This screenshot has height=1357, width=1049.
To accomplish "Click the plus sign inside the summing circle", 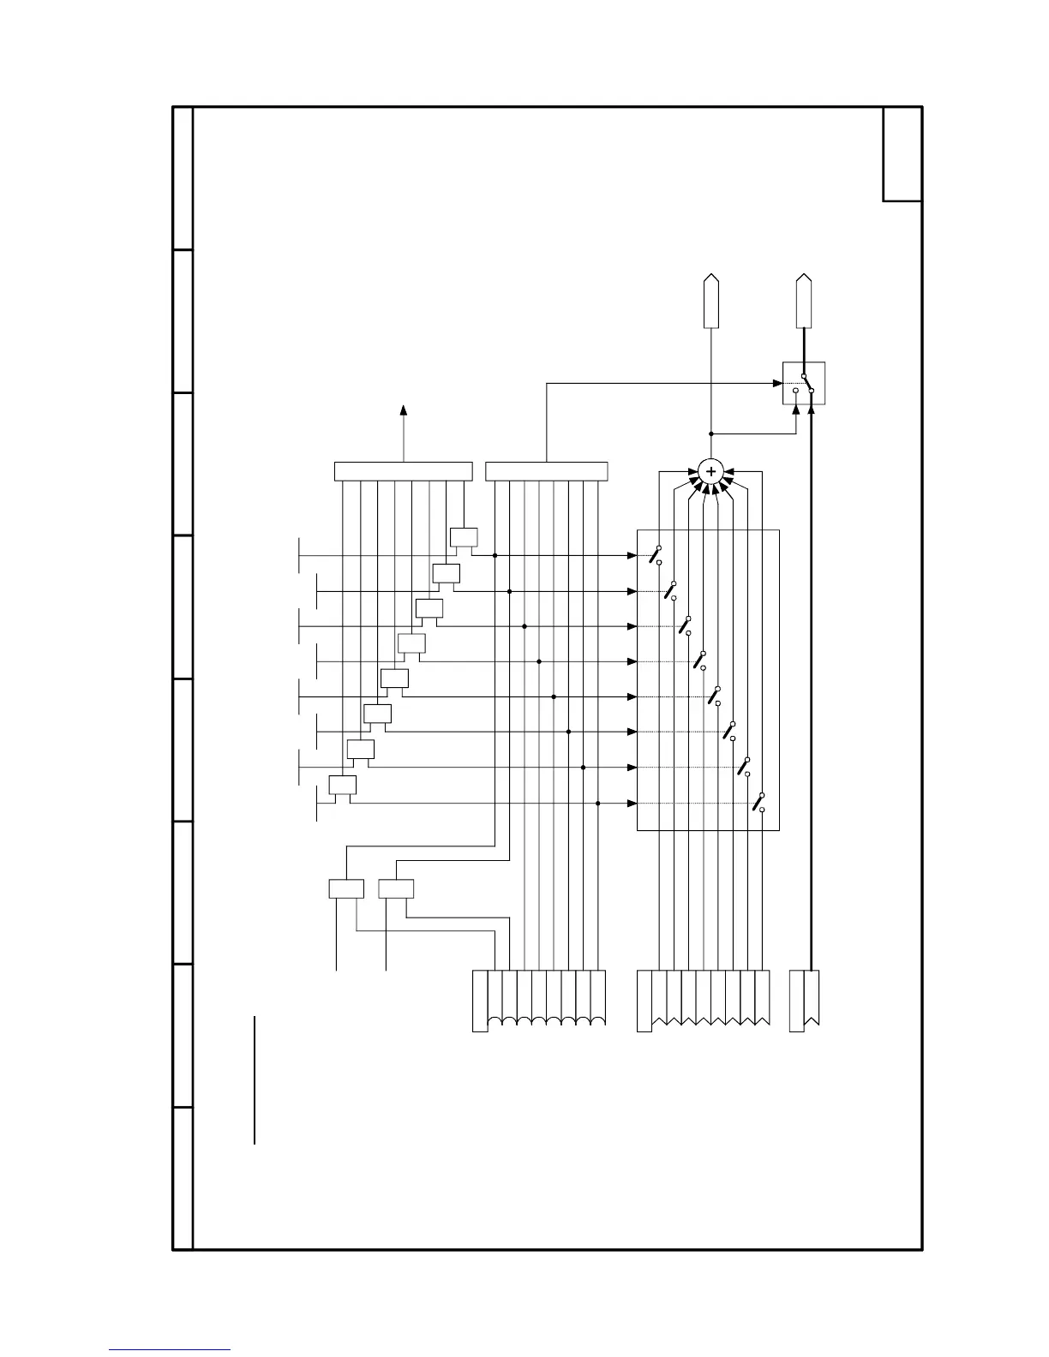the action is tap(710, 471).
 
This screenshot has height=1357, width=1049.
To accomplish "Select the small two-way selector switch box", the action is tap(804, 383).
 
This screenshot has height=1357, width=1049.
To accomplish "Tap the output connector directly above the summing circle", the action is tap(710, 302).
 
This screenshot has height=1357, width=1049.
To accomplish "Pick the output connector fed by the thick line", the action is tap(803, 302).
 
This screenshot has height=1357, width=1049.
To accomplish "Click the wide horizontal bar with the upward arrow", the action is tap(403, 471).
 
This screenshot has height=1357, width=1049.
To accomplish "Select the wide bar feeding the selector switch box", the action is tap(546, 471).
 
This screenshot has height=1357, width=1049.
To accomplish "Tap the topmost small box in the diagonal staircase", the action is tap(464, 538).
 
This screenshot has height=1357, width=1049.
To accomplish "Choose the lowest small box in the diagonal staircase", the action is tap(343, 785).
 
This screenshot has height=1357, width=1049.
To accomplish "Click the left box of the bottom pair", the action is tap(346, 888).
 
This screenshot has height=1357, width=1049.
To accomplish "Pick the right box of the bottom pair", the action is tap(396, 888).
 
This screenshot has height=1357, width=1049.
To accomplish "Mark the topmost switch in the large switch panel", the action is tap(656, 554).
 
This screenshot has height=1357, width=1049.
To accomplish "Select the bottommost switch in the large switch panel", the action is tap(758, 803).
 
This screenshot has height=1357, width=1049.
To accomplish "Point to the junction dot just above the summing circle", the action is tap(710, 433).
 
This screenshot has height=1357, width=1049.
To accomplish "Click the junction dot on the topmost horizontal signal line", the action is tap(495, 555).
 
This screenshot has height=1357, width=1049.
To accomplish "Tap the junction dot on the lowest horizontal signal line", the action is tap(597, 804).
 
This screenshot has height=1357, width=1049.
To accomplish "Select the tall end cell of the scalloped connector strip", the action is tap(480, 1001).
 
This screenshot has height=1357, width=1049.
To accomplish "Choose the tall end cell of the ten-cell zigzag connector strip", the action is tap(644, 1001).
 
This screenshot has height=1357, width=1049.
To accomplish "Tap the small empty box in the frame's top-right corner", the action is tap(902, 154).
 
